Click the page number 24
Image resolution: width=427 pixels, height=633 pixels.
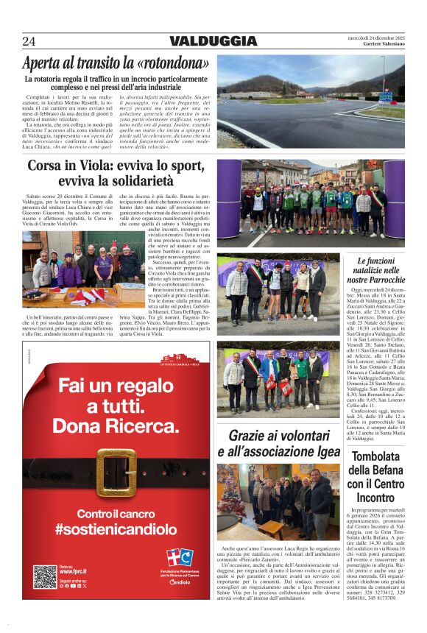coord(29,41)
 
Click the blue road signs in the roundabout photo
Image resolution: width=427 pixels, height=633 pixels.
coord(385,96)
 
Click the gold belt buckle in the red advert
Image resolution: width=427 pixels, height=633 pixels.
coord(116,473)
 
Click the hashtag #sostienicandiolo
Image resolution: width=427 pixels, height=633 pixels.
coord(116,528)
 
